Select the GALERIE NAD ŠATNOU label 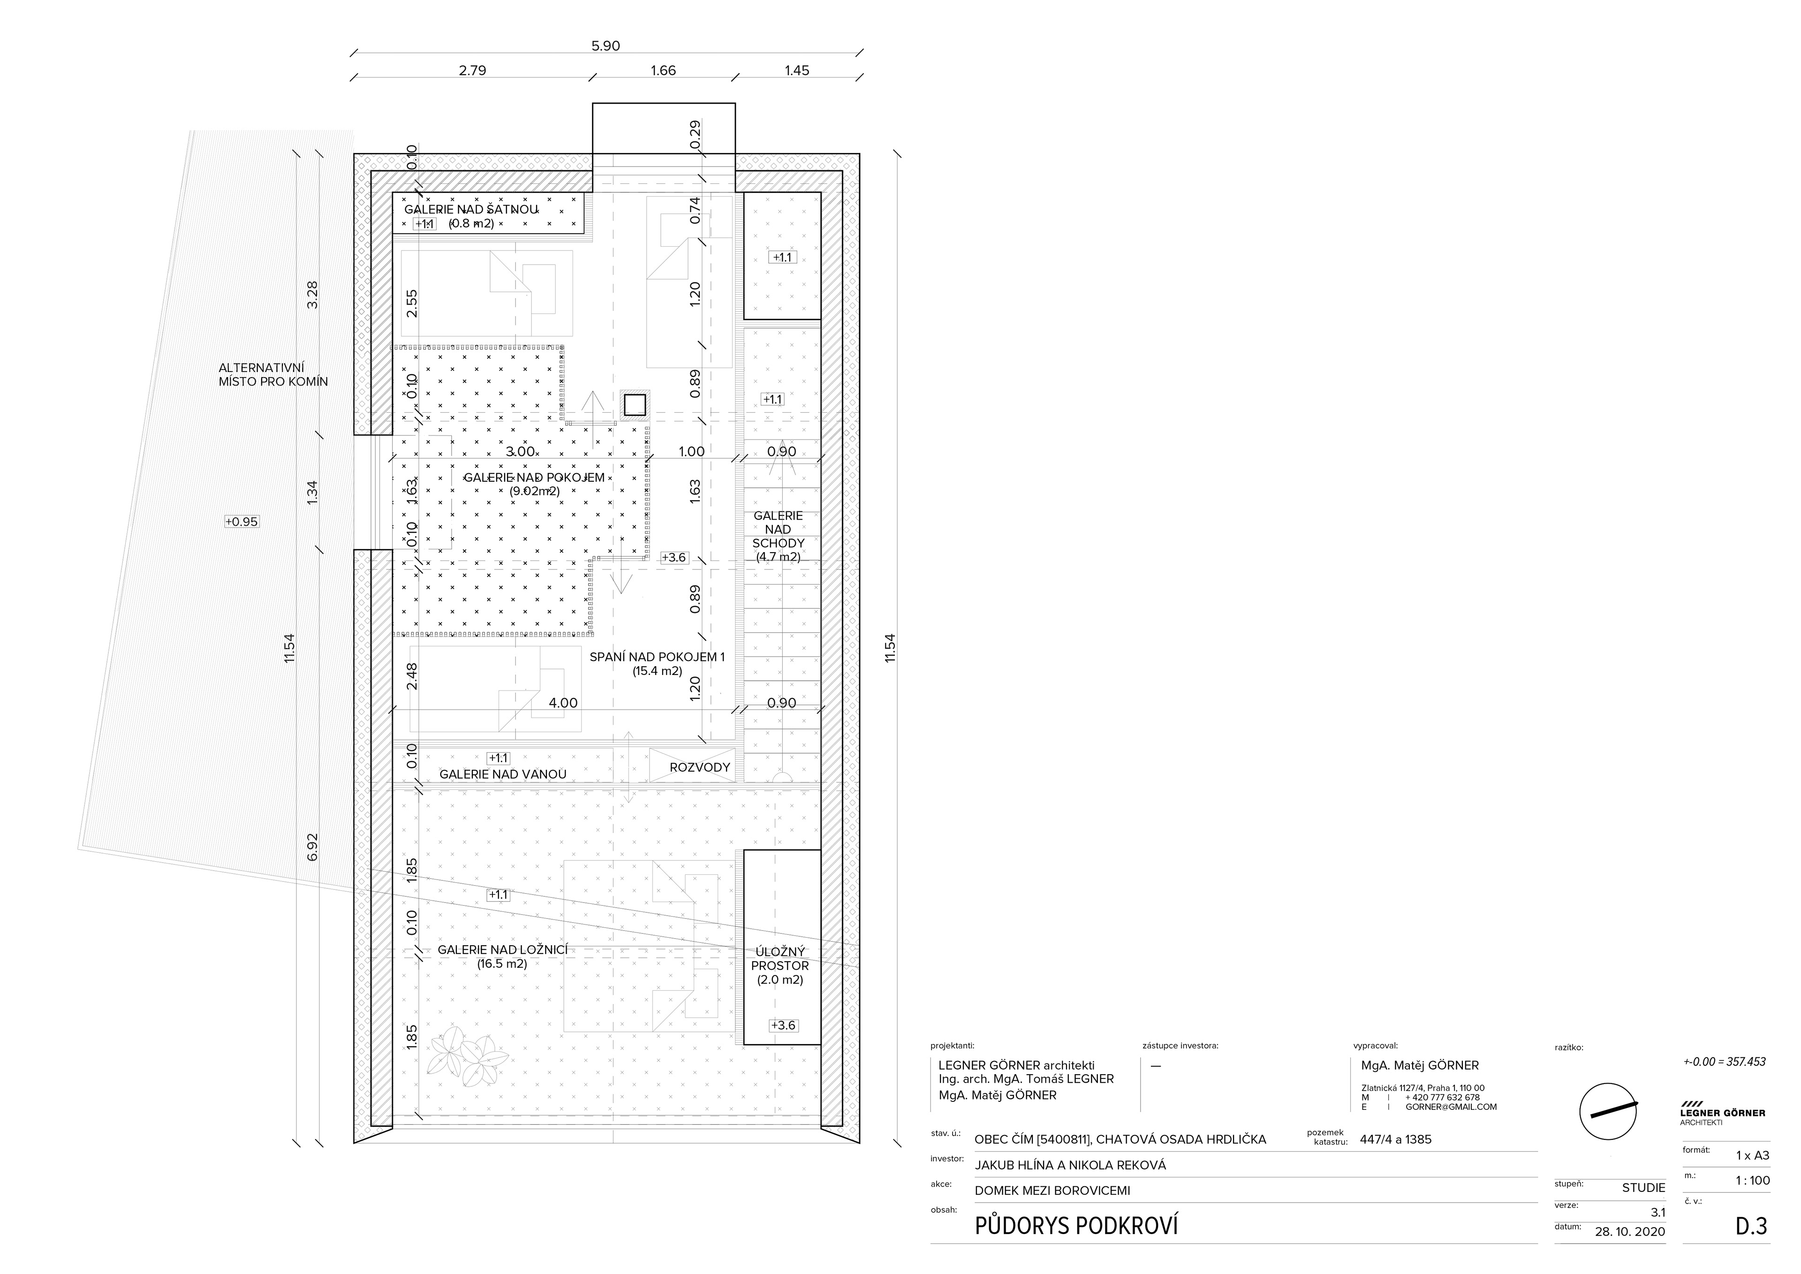click(x=470, y=210)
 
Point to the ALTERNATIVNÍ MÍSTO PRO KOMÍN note click(x=273, y=375)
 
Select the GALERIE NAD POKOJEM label click(x=534, y=478)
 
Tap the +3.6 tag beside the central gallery click(x=674, y=558)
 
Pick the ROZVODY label click(x=700, y=767)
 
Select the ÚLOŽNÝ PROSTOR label click(x=779, y=959)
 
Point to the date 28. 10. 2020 click(x=1630, y=1232)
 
